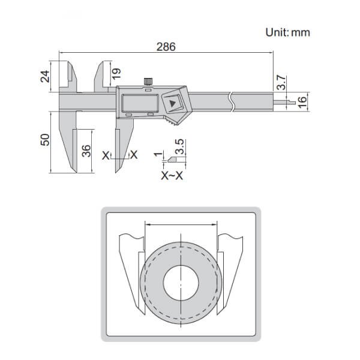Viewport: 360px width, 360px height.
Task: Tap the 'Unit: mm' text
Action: (x=288, y=32)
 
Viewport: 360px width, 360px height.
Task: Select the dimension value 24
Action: (x=51, y=76)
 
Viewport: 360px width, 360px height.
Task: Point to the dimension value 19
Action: (x=117, y=74)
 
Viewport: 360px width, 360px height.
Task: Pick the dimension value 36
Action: (x=86, y=150)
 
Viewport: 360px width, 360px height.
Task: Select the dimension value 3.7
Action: (x=280, y=82)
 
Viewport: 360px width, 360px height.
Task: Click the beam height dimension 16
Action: (x=302, y=100)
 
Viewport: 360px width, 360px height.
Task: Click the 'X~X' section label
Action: (x=172, y=176)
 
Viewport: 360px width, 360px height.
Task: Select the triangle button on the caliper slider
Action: (x=174, y=104)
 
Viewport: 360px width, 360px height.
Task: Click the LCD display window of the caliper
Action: (x=140, y=103)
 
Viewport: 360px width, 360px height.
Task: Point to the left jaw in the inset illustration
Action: (x=132, y=264)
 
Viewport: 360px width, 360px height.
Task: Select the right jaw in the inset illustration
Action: (x=232, y=264)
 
